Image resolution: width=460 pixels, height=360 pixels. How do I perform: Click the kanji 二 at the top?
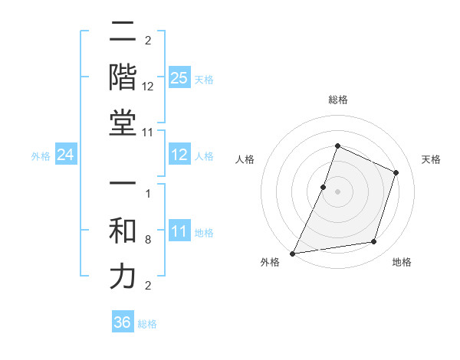123,33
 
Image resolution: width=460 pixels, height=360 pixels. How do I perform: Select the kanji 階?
123,79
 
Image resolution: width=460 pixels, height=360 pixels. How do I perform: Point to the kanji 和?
123,232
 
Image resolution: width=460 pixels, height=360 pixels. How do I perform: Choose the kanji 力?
123,277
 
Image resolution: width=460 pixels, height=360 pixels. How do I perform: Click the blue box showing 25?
179,78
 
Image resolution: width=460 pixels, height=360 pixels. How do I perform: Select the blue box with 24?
65,155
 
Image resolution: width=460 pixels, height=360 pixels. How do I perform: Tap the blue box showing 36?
122,322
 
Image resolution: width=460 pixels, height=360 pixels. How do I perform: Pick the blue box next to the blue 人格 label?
179,155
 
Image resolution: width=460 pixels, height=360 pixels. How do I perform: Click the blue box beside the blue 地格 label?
179,231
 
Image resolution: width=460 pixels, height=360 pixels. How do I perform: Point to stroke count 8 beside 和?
147,240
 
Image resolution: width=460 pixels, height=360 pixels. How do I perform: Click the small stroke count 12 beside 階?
148,87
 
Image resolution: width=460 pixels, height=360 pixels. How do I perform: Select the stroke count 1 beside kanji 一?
147,193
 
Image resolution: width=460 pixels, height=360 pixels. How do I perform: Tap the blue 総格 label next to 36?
147,324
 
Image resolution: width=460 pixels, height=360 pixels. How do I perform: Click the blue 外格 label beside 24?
41,156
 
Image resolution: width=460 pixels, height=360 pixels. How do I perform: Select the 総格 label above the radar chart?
337,100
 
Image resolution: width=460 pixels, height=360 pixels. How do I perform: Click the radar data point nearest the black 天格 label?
396,172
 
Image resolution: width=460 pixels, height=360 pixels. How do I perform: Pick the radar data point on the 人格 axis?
324,187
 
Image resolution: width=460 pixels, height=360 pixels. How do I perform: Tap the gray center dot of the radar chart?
337,191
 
